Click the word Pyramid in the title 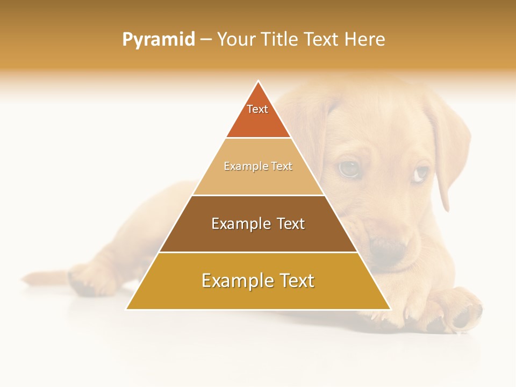[x=158, y=40]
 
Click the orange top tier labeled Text [x=258, y=116]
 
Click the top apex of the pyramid [x=259, y=81]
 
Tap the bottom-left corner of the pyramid [x=127, y=309]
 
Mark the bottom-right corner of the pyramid [x=390, y=309]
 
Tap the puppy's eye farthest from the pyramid [x=420, y=173]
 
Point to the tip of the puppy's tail [x=24, y=279]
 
